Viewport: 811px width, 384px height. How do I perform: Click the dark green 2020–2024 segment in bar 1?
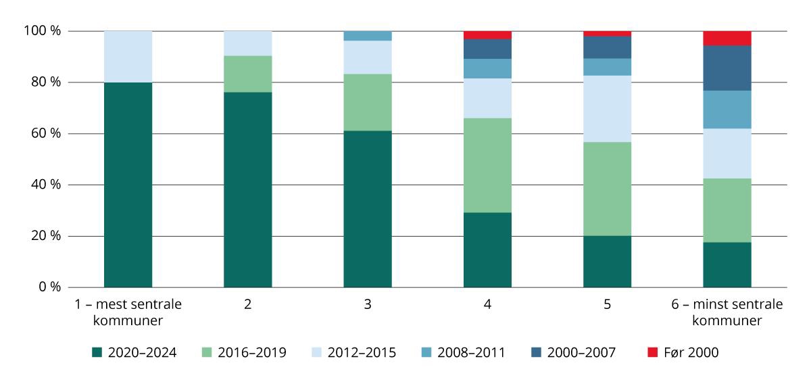pos(128,185)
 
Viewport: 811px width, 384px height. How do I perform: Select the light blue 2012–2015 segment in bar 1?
pos(128,56)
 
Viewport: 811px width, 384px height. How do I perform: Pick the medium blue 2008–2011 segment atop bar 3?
pos(368,36)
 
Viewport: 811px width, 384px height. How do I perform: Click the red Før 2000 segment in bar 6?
pos(727,38)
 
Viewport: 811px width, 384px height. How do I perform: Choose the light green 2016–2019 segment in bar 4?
pos(487,165)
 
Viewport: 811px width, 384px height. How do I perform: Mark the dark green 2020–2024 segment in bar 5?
pos(607,262)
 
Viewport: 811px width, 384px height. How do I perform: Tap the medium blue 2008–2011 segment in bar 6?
pos(727,109)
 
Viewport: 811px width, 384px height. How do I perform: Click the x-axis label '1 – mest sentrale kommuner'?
pos(128,312)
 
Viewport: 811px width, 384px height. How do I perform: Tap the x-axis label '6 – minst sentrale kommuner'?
pos(727,312)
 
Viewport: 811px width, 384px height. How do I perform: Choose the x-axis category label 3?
pos(368,305)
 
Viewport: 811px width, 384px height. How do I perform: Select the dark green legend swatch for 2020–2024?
pos(98,352)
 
